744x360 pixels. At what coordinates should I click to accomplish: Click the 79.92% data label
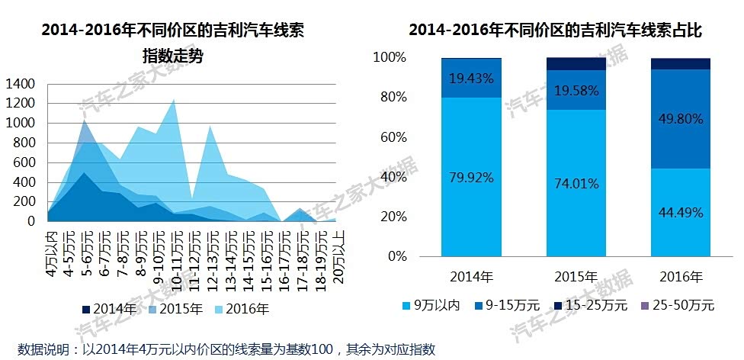tap(471, 178)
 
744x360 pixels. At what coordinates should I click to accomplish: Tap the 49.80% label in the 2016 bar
tap(680, 118)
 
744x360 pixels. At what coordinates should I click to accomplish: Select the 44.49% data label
tap(680, 211)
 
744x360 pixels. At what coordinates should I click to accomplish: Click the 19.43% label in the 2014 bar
tap(471, 78)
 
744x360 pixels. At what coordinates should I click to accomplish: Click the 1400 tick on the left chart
tap(20, 83)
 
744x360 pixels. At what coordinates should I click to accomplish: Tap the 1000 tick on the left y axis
tap(20, 123)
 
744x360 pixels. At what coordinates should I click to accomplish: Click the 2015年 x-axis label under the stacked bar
tap(576, 275)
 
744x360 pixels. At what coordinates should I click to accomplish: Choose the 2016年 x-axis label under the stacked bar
tap(680, 275)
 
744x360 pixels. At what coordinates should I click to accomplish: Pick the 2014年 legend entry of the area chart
tap(109, 309)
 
